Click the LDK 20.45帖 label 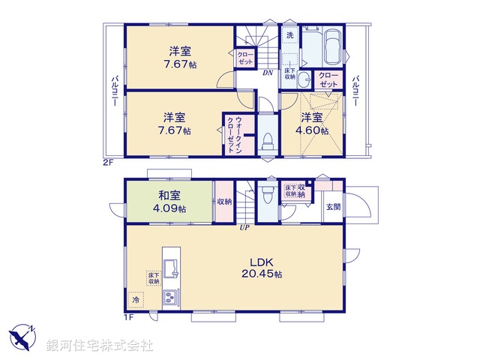(261, 268)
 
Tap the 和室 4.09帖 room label (169, 199)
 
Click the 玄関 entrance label (332, 206)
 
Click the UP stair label (244, 227)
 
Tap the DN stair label (267, 73)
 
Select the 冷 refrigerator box (136, 300)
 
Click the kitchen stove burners (170, 298)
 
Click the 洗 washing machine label (289, 34)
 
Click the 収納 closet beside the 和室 (224, 201)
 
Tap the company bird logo (19, 337)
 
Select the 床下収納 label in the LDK (152, 278)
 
